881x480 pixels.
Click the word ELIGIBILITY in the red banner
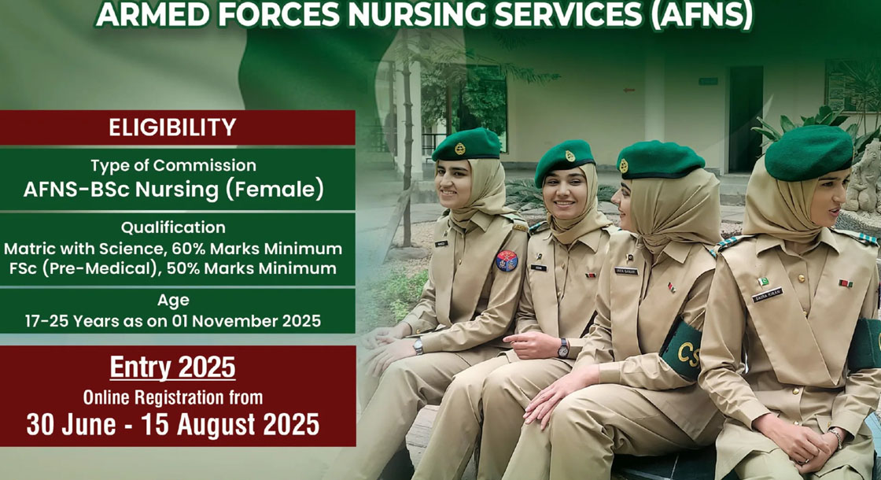172,127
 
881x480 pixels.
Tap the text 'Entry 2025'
172,367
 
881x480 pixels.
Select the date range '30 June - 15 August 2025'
172,425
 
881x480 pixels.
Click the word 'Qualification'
173,227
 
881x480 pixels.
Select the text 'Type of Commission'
173,165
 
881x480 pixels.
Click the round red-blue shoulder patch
507,260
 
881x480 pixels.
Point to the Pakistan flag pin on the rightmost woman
763,282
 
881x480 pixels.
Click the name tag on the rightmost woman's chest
767,295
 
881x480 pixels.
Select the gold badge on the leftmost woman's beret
460,149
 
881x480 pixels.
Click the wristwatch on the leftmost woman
418,346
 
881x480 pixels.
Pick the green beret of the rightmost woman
809,152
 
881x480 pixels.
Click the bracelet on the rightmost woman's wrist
837,438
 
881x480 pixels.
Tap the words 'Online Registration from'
172,397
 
